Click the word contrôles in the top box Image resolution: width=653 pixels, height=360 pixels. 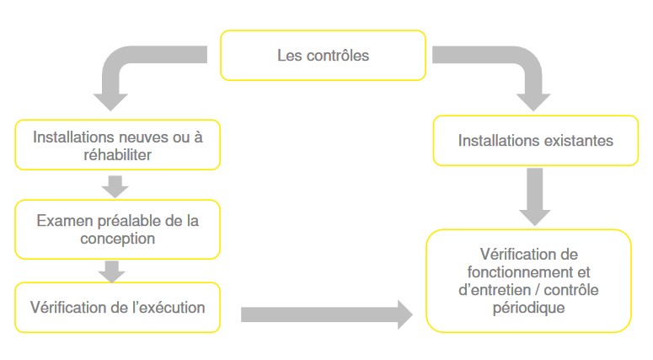[x=338, y=56]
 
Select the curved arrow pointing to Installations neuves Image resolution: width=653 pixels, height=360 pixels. [x=120, y=62]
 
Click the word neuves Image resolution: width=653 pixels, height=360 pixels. [x=153, y=137]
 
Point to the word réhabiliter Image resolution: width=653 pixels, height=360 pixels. [x=117, y=155]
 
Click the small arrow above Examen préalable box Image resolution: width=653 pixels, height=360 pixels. [x=115, y=186]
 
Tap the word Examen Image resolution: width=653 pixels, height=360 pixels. [x=65, y=221]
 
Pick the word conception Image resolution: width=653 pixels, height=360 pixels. [x=117, y=239]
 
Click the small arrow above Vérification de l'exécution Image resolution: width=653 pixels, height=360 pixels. [x=111, y=271]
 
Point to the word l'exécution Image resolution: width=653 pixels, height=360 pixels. [x=169, y=308]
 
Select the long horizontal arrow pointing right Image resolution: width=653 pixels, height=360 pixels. [x=327, y=314]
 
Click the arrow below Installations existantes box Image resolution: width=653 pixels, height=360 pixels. [x=535, y=196]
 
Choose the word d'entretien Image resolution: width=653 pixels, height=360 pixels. [x=495, y=290]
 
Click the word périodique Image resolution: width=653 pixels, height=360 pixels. [x=529, y=308]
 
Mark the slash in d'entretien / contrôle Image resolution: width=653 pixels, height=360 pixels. [x=538, y=290]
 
